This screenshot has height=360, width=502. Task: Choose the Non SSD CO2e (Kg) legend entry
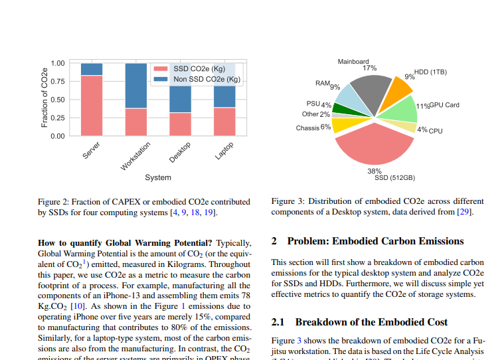point(207,79)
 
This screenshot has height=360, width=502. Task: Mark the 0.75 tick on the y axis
point(56,82)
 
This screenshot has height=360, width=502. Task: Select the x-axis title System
point(158,177)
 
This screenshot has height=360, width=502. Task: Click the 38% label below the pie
point(374,171)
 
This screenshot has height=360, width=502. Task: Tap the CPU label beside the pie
point(436,131)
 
